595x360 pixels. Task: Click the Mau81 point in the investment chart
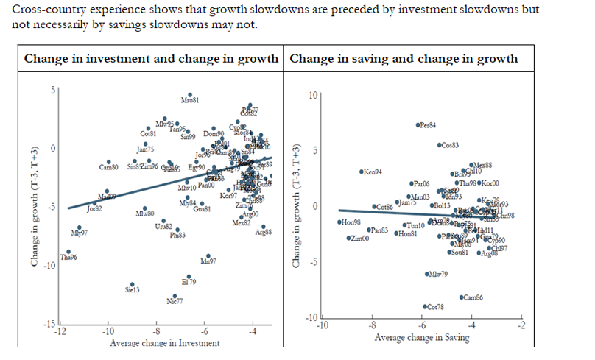(x=190, y=94)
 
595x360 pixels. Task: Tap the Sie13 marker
(x=133, y=285)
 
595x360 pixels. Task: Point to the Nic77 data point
(x=175, y=296)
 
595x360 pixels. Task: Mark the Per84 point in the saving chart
(x=418, y=125)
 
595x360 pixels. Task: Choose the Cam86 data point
(x=460, y=297)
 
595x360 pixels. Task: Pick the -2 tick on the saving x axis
(x=521, y=325)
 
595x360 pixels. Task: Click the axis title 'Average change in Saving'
(x=421, y=338)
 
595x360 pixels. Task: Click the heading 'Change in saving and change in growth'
(x=404, y=59)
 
